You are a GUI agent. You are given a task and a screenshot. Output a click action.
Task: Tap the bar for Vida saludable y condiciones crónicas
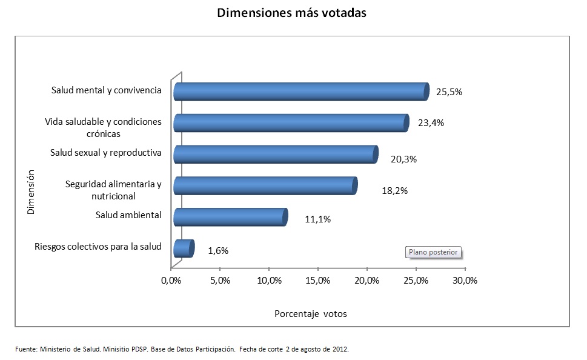[x=291, y=123]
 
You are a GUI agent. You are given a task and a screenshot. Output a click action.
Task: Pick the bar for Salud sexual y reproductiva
[x=275, y=155]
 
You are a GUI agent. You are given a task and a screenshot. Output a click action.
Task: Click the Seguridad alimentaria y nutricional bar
[x=265, y=186]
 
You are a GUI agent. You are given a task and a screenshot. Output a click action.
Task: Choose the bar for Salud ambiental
[x=230, y=217]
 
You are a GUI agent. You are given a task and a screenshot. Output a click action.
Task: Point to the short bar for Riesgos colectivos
[x=183, y=248]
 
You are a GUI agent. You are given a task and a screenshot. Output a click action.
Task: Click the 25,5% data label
[x=449, y=92]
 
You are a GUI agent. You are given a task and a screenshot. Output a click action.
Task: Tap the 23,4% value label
[x=431, y=123]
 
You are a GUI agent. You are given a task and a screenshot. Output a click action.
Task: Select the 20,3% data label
[x=404, y=159]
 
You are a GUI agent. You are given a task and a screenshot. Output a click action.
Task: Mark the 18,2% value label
[x=394, y=190]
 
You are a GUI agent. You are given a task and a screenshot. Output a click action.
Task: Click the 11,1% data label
[x=317, y=219]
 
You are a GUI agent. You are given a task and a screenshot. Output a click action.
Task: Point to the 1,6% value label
[x=218, y=251]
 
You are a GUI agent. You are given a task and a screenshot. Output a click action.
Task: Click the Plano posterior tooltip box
[x=434, y=252]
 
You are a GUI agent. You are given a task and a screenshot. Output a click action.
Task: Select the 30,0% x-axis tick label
[x=465, y=281]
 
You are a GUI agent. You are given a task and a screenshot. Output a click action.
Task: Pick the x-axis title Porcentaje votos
[x=311, y=314]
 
